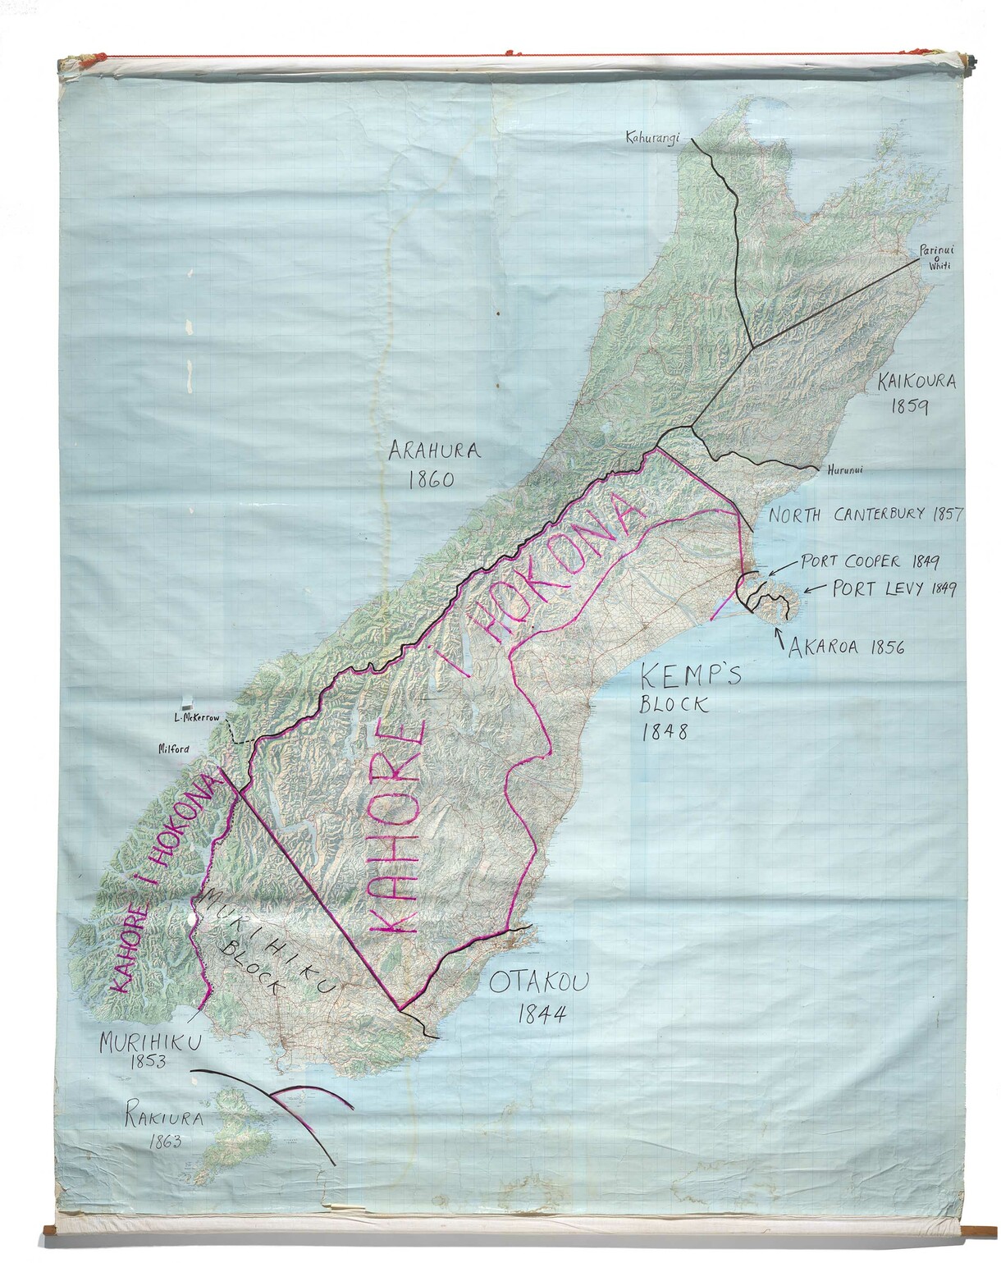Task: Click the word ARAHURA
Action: click(x=437, y=451)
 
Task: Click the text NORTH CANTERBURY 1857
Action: click(x=864, y=515)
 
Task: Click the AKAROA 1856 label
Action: click(x=846, y=647)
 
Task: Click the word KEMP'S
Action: click(x=690, y=677)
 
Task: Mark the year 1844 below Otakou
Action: click(x=542, y=1014)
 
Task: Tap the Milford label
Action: click(x=174, y=748)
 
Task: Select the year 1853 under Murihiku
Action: click(x=149, y=1061)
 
